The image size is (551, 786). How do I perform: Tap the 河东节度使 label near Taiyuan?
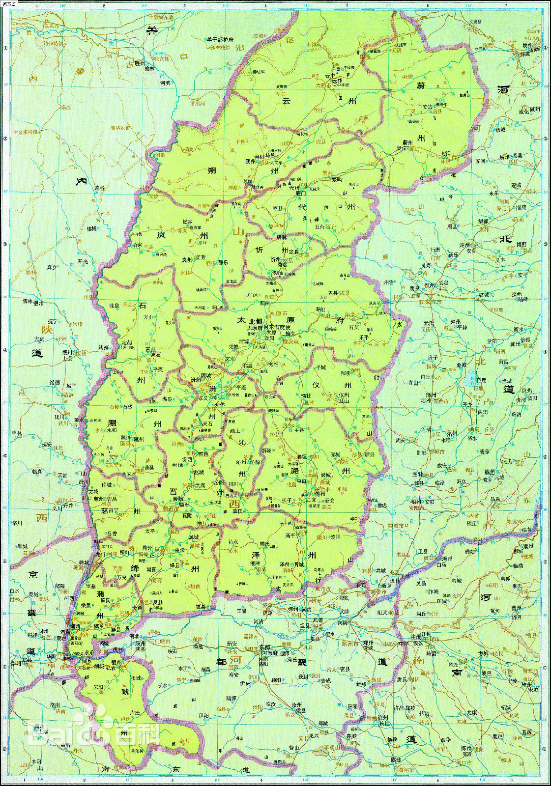coord(287,326)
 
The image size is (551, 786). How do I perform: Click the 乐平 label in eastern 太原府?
coord(364,337)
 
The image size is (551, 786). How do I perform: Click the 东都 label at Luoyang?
coord(265,646)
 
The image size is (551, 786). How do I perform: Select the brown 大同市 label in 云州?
coord(322,84)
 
